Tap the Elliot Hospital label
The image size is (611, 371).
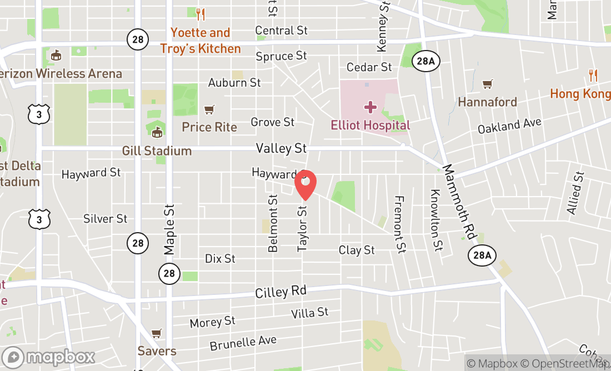[370, 125]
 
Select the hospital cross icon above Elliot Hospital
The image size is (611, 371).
[370, 107]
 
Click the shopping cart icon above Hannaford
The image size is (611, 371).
[487, 84]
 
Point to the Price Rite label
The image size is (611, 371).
[209, 127]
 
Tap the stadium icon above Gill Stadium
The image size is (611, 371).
[157, 132]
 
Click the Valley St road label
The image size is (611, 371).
[281, 148]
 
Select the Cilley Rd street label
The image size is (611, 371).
[281, 292]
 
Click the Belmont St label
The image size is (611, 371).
[273, 223]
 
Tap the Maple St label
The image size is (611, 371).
[169, 229]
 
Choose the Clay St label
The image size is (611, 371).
[357, 250]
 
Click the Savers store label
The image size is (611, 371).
[157, 351]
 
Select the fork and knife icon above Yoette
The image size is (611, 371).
[201, 14]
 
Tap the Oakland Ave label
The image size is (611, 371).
[509, 125]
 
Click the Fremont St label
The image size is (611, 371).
[398, 224]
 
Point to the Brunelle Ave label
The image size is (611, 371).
[243, 343]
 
